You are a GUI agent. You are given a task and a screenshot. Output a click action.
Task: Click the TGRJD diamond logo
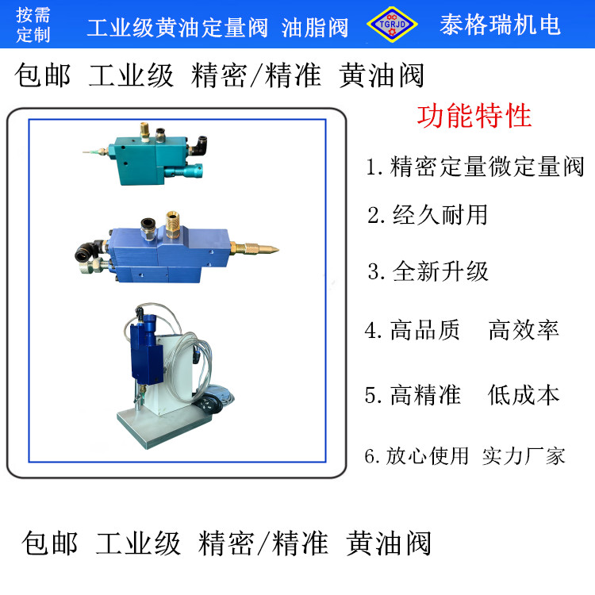pos(392,25)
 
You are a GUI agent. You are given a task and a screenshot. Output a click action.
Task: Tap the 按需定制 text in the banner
pos(33,25)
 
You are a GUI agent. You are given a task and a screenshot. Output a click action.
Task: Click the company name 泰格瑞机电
pos(500,25)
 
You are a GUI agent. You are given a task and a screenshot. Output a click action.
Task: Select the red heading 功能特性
pos(474,116)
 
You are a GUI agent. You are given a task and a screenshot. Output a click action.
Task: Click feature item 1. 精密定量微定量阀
pos(474,167)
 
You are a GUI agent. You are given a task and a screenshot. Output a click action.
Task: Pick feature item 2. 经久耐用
pos(428,215)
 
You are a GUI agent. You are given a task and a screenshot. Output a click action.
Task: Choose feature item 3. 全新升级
pos(428,271)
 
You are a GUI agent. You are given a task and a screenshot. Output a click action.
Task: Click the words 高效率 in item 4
pos(524,330)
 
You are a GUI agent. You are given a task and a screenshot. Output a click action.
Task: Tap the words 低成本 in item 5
pos(524,394)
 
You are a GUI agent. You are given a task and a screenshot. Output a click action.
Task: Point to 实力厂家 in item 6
pos(524,455)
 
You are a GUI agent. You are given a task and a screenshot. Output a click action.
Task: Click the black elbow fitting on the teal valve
pos(198,145)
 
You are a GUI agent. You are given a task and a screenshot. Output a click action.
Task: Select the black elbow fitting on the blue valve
pos(86,251)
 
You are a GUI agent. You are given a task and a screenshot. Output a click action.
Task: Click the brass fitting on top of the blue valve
pos(173,224)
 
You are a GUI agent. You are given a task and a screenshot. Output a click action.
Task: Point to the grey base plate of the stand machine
pos(164,428)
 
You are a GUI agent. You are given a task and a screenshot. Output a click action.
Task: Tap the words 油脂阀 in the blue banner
pos(315,28)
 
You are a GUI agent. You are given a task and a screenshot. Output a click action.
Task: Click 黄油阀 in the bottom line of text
pos(388,543)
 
